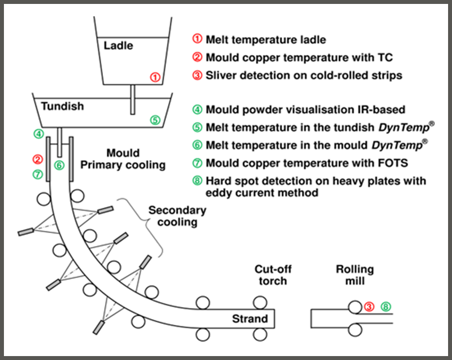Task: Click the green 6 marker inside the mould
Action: (59, 165)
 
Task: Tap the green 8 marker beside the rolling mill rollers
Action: (386, 307)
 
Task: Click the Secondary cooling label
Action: (177, 216)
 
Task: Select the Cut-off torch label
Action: (273, 275)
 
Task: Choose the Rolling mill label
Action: (355, 275)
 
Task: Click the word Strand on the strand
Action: (250, 319)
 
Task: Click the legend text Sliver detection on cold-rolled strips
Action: (304, 75)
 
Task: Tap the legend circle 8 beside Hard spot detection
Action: (197, 181)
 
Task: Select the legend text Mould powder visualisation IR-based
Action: (305, 110)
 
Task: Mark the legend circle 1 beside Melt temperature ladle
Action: (197, 40)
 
